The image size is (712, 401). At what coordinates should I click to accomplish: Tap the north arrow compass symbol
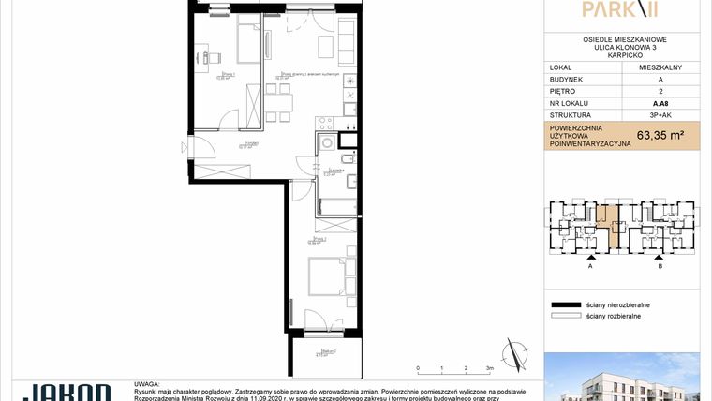tap(513, 354)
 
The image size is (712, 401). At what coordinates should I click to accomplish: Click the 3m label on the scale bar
tap(490, 369)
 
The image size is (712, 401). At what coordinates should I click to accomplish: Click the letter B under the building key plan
tap(660, 265)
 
